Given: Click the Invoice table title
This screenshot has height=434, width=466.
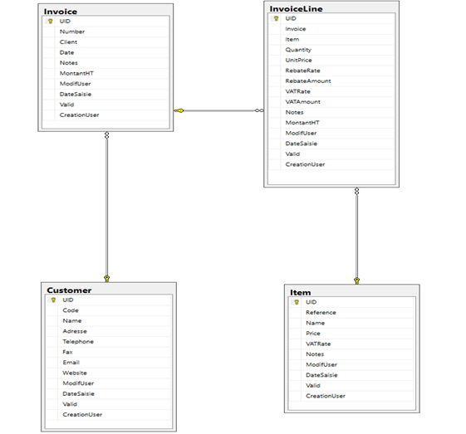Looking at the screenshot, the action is (x=61, y=12).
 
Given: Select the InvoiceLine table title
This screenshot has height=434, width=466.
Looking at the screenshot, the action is (x=296, y=9).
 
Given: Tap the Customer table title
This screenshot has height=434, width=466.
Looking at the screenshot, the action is (x=69, y=290).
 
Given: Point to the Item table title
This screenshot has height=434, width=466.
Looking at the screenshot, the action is (x=300, y=293).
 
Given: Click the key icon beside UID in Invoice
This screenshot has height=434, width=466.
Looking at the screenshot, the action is (x=50, y=21).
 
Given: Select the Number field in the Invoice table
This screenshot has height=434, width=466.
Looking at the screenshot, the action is (x=72, y=32).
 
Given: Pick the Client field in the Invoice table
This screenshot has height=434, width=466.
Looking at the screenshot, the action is (x=68, y=41).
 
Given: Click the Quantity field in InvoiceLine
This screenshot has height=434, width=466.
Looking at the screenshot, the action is (x=298, y=50).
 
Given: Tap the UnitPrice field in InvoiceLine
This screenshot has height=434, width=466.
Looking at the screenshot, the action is (x=299, y=61).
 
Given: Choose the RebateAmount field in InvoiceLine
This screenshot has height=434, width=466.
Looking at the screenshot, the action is (x=308, y=81).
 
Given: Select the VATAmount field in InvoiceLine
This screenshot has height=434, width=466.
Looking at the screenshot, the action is (x=303, y=102).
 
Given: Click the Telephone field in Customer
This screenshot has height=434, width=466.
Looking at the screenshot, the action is (x=78, y=342).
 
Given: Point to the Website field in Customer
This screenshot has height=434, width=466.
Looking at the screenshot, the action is (x=75, y=373).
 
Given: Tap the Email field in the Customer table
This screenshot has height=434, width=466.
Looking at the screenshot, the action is (x=71, y=363).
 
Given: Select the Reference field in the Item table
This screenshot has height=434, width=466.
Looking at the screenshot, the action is (x=321, y=313).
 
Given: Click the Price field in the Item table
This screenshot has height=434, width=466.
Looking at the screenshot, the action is (x=313, y=334).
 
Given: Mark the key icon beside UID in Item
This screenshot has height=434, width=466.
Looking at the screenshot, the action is (x=297, y=302).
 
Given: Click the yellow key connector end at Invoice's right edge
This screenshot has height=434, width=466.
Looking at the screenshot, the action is (x=179, y=110).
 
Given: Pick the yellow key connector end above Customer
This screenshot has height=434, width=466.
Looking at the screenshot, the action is (x=107, y=279).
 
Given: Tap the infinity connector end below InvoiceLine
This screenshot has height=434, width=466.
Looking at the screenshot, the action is (x=356, y=191).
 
